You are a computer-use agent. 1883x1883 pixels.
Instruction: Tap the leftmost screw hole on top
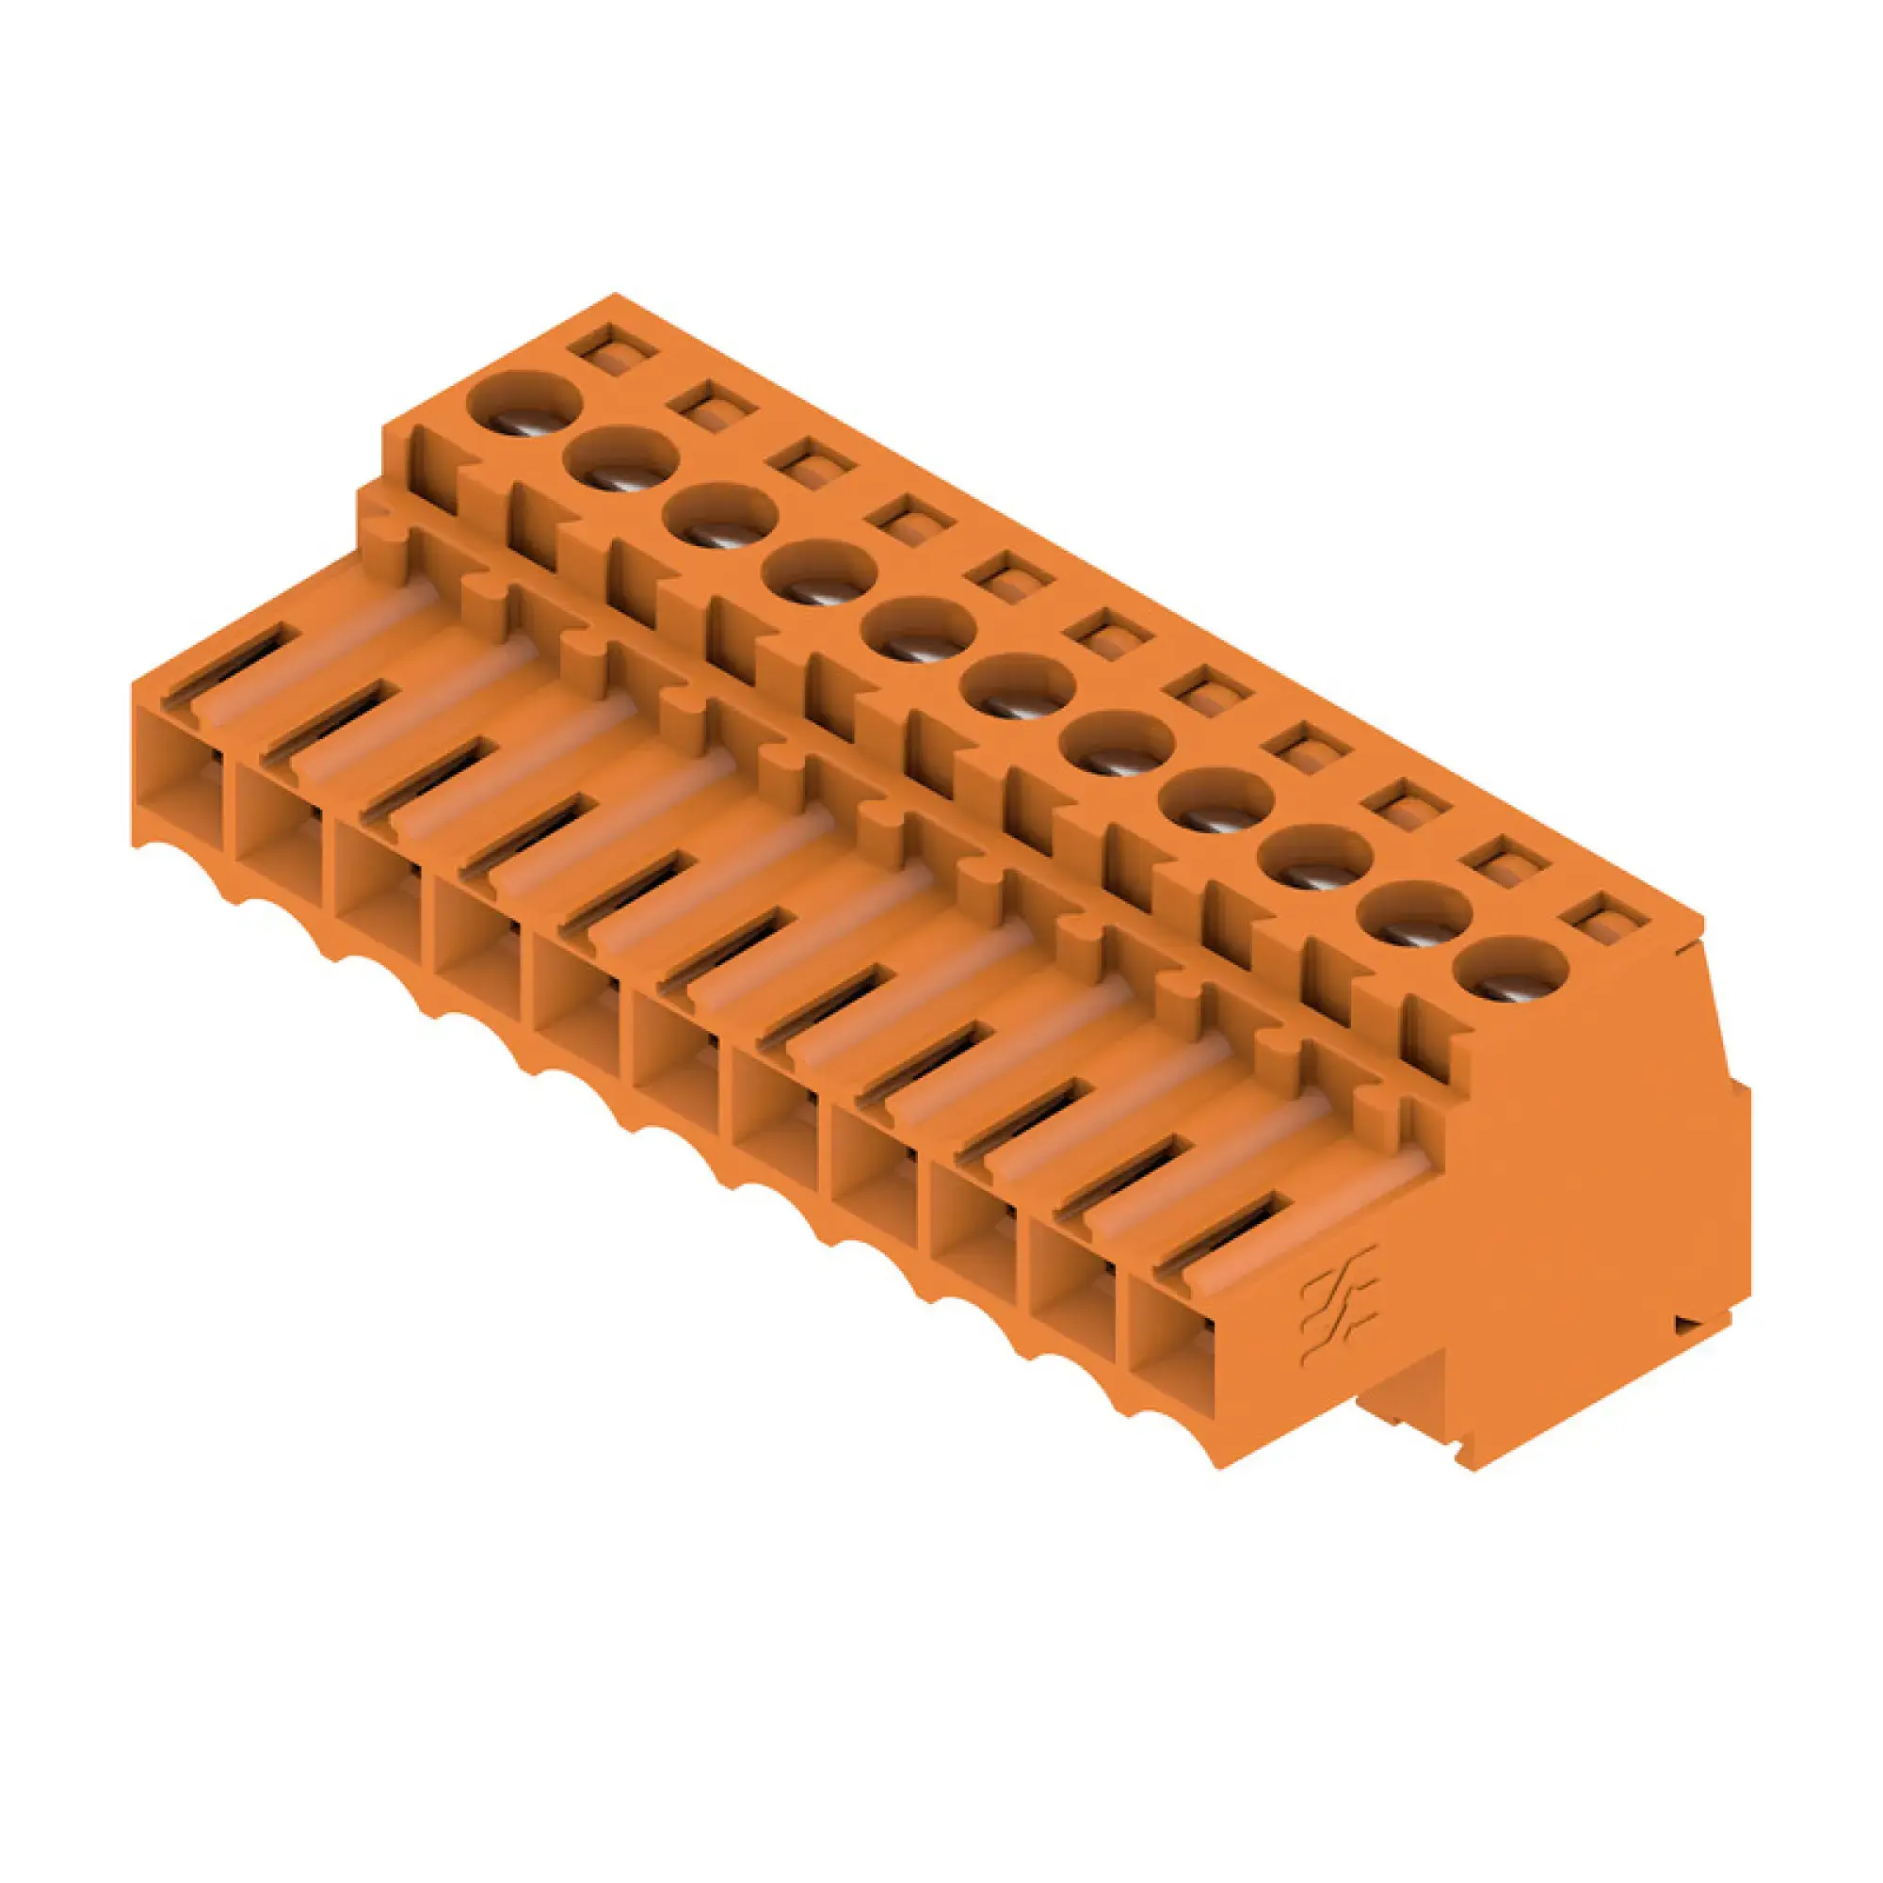[x=524, y=403]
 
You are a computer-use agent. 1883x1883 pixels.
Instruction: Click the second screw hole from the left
[x=622, y=459]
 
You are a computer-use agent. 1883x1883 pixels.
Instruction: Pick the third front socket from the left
[x=380, y=882]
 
